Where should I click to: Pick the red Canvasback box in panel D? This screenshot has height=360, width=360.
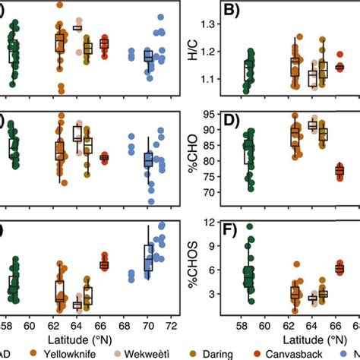point(339,171)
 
